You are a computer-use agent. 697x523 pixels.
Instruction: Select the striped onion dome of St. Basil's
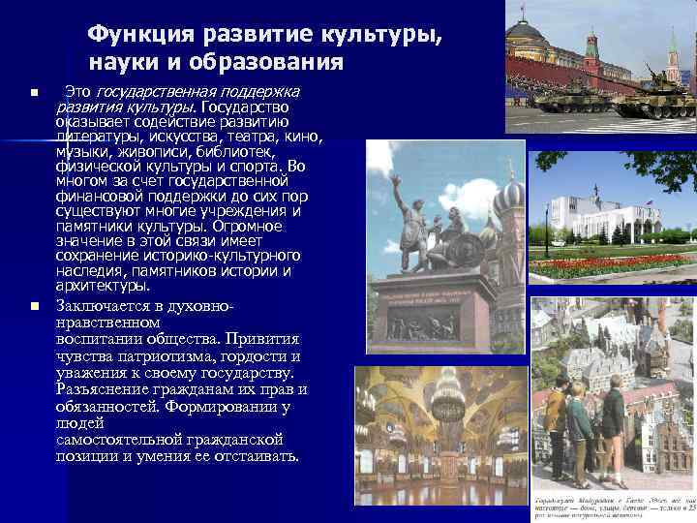tap(507, 199)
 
